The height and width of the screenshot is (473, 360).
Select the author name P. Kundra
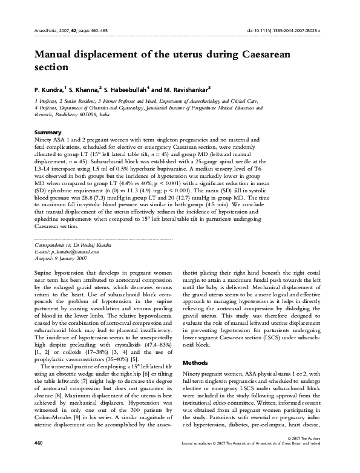49,88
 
